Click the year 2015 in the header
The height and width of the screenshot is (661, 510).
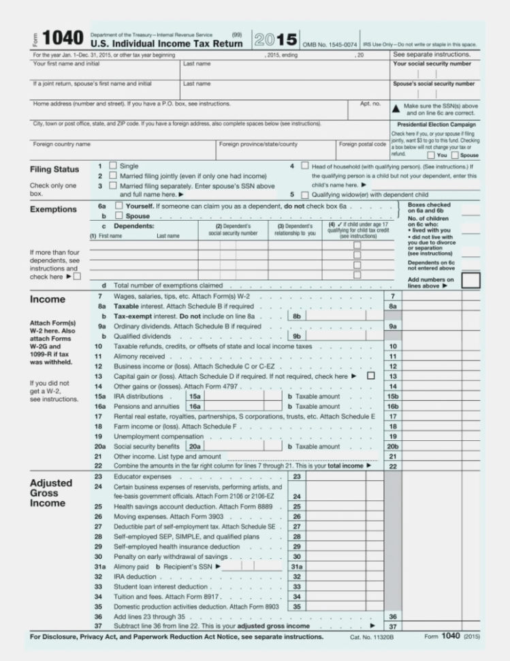276,39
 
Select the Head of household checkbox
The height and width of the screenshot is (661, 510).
304,166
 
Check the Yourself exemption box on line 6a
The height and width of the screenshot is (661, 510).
119,205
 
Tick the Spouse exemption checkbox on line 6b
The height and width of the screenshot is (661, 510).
119,216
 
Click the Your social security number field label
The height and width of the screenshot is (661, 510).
432,63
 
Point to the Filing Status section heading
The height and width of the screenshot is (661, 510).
54,169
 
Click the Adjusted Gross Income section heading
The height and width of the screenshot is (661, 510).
50,493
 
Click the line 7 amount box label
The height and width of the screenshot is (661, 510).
392,296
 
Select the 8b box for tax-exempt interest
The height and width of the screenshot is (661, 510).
296,316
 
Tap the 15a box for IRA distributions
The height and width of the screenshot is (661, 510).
195,396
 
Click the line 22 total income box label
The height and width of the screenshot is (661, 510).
392,466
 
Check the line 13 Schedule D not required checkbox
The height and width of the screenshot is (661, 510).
370,375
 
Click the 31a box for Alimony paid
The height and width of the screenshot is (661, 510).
296,566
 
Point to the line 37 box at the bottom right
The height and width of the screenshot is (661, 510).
392,626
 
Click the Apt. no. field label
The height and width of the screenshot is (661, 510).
370,104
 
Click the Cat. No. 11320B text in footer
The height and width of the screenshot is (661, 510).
372,636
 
